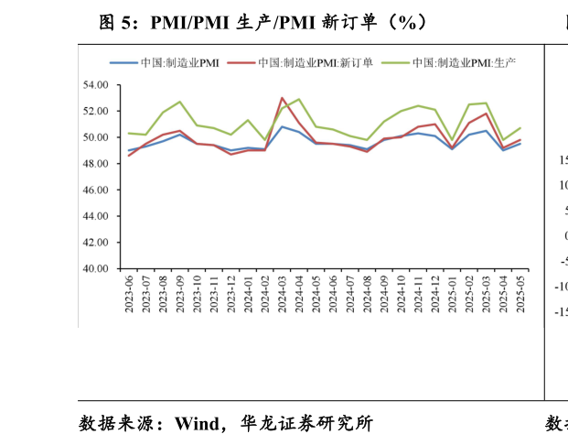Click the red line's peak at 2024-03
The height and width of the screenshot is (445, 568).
pyautogui.click(x=282, y=98)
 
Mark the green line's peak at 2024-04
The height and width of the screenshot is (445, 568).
pyautogui.click(x=299, y=100)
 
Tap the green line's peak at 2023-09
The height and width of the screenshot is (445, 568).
pyautogui.click(x=179, y=102)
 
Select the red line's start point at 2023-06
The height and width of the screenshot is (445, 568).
pyautogui.click(x=129, y=156)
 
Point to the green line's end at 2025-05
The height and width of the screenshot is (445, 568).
pyautogui.click(x=520, y=128)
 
